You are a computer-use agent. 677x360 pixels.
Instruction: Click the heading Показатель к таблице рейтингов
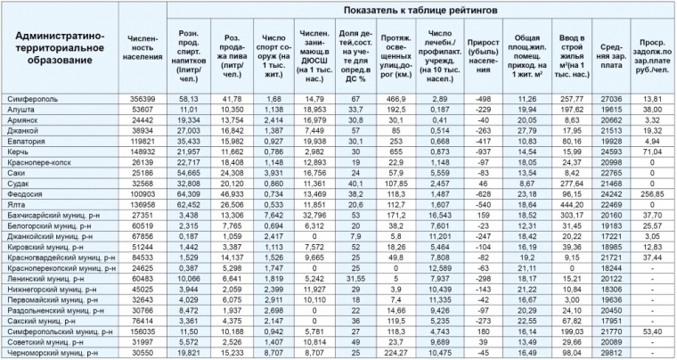coord(421,9)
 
